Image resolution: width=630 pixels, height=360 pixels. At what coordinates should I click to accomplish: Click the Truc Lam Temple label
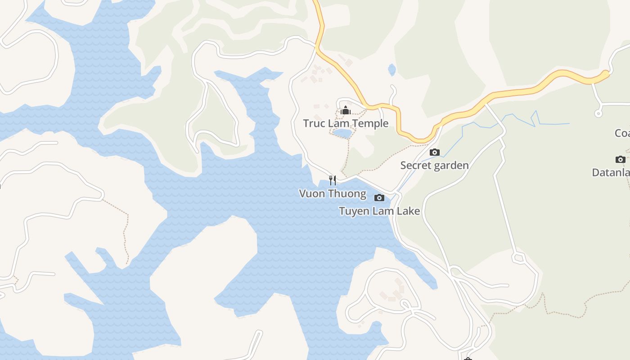point(346,123)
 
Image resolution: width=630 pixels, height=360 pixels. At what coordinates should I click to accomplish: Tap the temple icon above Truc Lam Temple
point(346,110)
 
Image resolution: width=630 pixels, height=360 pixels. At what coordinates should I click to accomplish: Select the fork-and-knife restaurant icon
point(333,180)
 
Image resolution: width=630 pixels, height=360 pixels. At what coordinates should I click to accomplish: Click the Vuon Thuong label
point(333,193)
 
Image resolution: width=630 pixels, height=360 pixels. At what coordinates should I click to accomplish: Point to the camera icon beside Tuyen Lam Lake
point(379,198)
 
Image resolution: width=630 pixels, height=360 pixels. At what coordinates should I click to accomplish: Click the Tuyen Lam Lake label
point(379,211)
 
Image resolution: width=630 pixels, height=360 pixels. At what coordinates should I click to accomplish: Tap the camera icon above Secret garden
point(434,153)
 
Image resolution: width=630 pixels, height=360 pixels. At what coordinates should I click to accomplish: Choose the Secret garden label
point(434,166)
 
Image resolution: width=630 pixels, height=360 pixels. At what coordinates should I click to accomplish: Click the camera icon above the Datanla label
point(620,159)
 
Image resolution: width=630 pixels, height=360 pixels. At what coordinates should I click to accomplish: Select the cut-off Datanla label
point(611,172)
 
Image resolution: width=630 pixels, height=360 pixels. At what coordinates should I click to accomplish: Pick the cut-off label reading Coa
point(622,133)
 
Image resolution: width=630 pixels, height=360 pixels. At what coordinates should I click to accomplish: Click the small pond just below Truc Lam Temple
point(342,134)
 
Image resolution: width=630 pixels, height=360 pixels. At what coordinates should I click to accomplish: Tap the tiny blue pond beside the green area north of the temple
point(392,70)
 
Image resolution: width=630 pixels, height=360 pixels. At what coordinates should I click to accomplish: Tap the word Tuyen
point(352,211)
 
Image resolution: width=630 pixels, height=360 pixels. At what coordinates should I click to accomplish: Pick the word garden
point(451,166)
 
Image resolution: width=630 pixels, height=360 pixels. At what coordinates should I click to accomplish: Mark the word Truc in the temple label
point(312,123)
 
